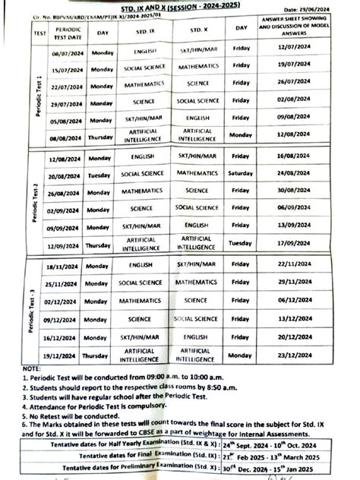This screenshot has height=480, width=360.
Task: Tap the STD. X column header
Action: [197, 30]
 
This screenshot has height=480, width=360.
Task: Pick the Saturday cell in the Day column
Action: [241, 173]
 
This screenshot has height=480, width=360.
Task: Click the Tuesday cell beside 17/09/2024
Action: [241, 244]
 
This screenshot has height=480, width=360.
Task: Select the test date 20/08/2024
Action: [64, 174]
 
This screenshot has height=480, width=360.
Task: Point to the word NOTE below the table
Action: [32, 368]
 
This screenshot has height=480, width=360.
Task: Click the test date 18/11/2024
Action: [64, 265]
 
